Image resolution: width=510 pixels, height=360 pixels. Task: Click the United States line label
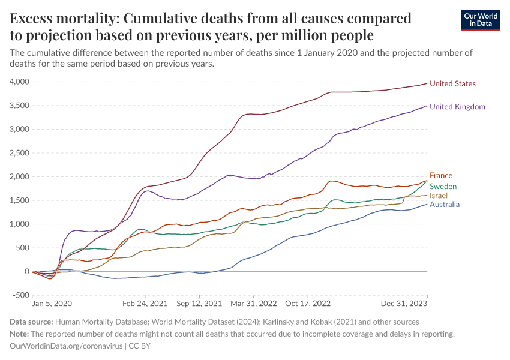click(x=452, y=84)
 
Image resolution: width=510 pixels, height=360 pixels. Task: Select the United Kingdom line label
click(x=457, y=107)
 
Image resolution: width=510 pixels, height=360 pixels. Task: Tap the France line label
click(x=440, y=176)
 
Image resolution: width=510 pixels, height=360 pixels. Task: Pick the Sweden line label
click(x=443, y=187)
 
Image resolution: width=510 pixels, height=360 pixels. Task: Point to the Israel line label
click(x=439, y=196)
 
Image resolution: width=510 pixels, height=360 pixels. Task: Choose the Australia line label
click(x=445, y=205)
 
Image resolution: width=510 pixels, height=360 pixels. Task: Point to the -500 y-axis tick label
click(x=20, y=295)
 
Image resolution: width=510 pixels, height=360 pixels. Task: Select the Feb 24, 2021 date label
click(x=145, y=304)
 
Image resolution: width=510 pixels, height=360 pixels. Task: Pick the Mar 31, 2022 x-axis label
click(x=255, y=304)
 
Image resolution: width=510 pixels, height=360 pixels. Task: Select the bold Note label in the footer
click(x=20, y=334)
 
